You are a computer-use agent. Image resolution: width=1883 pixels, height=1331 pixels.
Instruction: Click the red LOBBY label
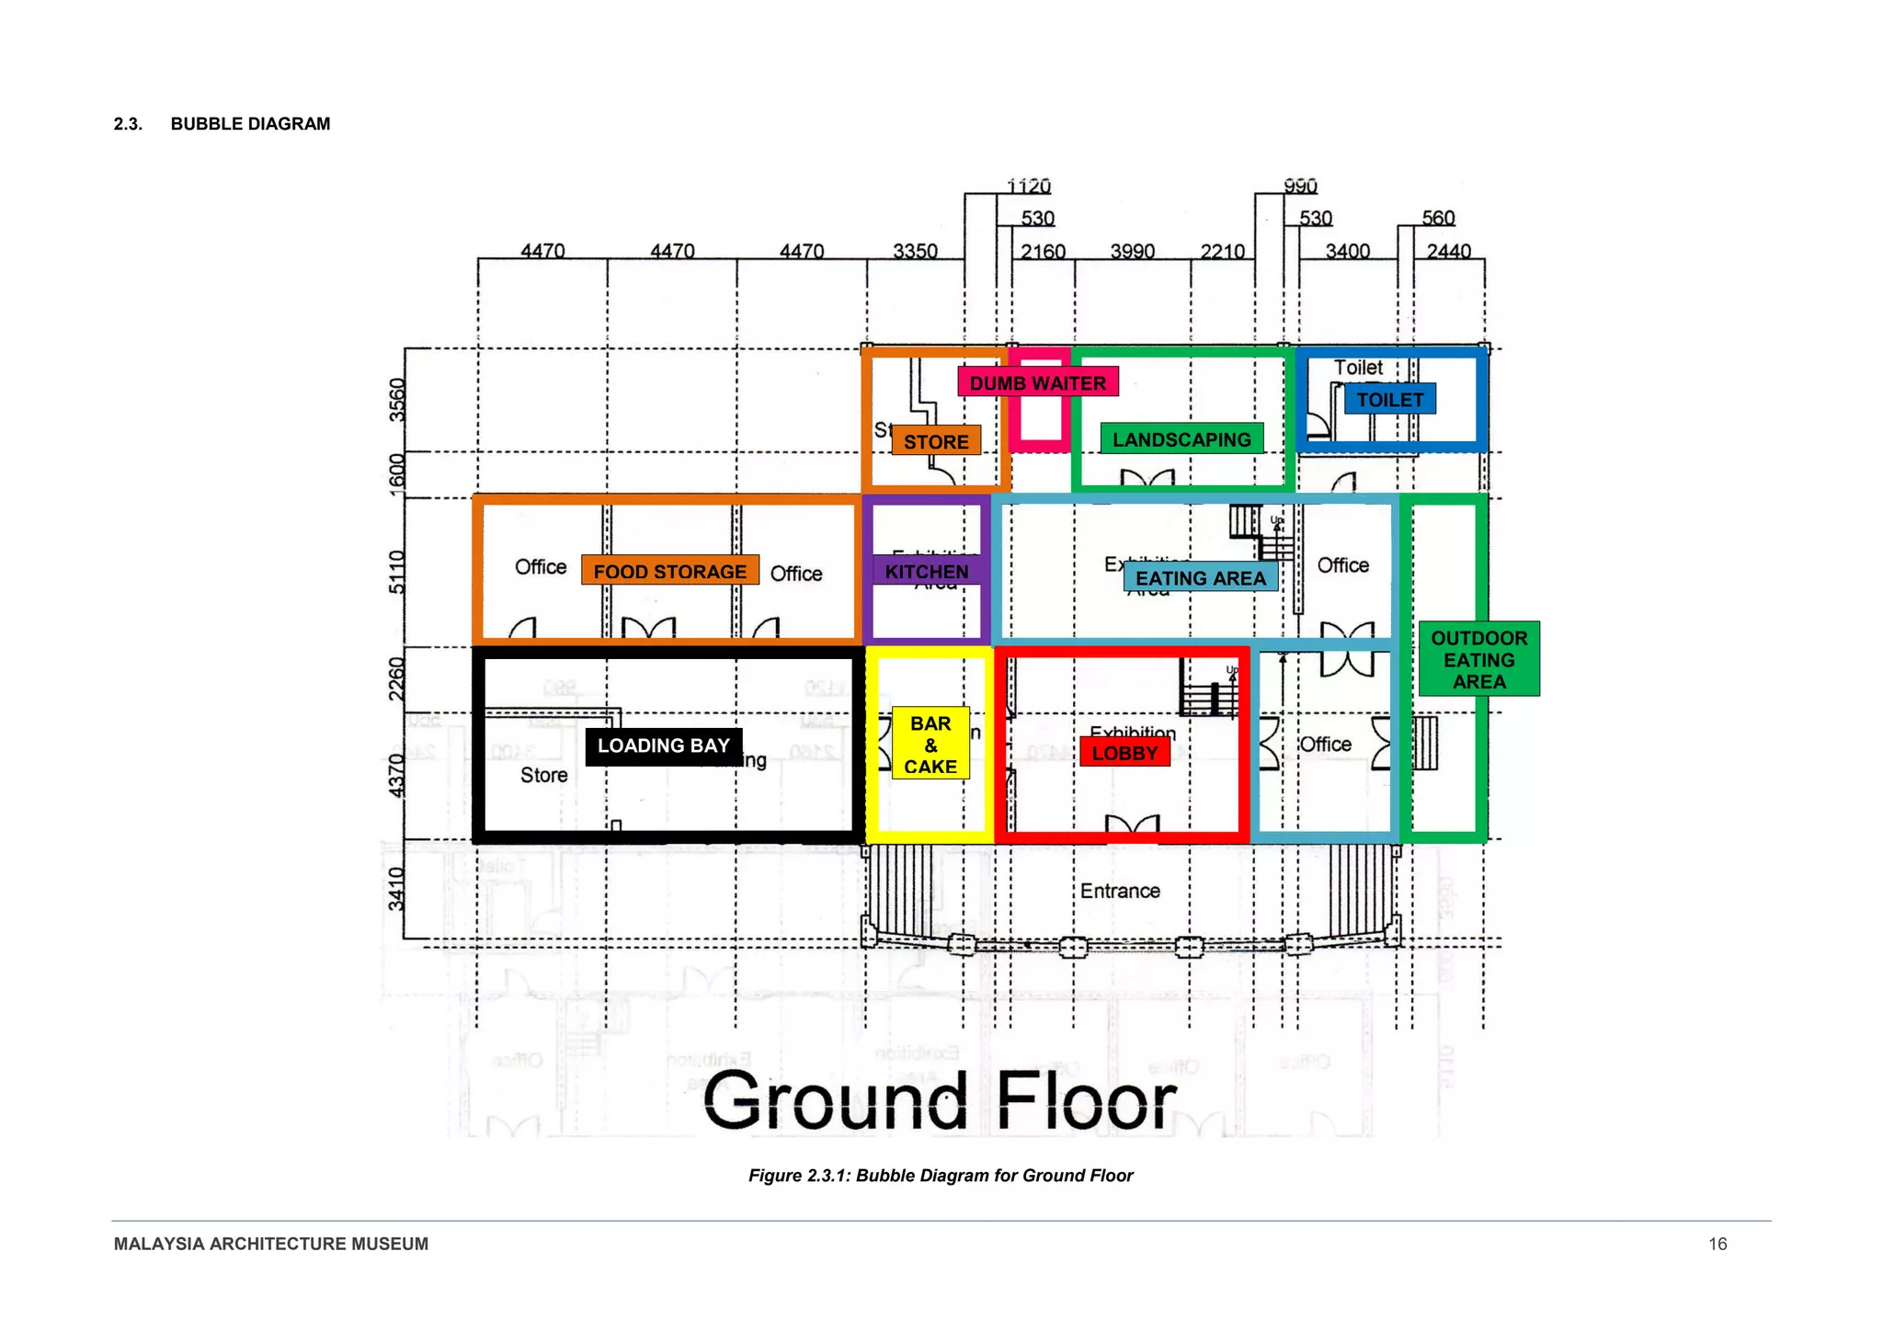point(1124,753)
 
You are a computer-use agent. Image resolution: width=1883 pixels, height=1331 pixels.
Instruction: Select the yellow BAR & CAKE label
point(930,745)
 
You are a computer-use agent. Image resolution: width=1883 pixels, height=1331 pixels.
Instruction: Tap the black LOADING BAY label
point(663,745)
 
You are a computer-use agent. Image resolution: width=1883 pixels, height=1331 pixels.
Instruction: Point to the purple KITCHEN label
point(926,572)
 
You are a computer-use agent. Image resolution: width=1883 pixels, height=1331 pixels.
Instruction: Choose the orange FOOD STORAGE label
point(669,571)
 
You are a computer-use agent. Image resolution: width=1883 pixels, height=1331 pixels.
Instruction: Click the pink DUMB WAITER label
point(1037,382)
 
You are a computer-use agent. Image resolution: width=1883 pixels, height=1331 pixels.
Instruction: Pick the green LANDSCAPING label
point(1181,439)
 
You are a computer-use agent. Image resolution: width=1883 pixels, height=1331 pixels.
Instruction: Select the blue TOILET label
point(1389,400)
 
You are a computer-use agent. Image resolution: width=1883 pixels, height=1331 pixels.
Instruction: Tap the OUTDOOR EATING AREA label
point(1478,659)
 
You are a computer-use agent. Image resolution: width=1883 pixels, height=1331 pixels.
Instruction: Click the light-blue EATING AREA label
point(1200,577)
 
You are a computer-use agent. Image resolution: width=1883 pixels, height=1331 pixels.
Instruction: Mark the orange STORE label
point(936,441)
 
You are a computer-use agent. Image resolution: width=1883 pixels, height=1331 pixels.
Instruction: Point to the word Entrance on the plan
point(1119,891)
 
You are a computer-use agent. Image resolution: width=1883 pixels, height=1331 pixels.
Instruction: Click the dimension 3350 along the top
point(915,251)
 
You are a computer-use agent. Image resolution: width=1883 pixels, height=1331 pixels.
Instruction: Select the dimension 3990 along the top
point(1132,251)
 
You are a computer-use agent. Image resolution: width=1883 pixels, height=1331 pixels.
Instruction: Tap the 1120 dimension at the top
point(1028,187)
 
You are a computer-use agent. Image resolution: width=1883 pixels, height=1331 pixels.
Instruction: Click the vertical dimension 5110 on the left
point(396,572)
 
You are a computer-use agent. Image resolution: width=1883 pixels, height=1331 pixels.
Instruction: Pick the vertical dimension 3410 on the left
point(396,888)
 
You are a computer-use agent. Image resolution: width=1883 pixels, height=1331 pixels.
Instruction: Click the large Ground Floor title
point(940,1100)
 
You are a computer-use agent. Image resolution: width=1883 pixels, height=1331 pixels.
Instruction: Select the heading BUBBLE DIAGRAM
point(250,124)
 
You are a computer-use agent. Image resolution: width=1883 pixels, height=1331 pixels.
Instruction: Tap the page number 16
point(1717,1244)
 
